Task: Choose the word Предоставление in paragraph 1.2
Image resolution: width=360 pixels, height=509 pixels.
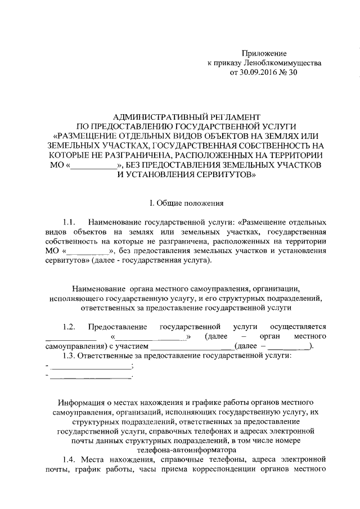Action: tap(118, 327)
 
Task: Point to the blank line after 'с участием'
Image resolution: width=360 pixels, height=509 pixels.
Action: tap(191, 346)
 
